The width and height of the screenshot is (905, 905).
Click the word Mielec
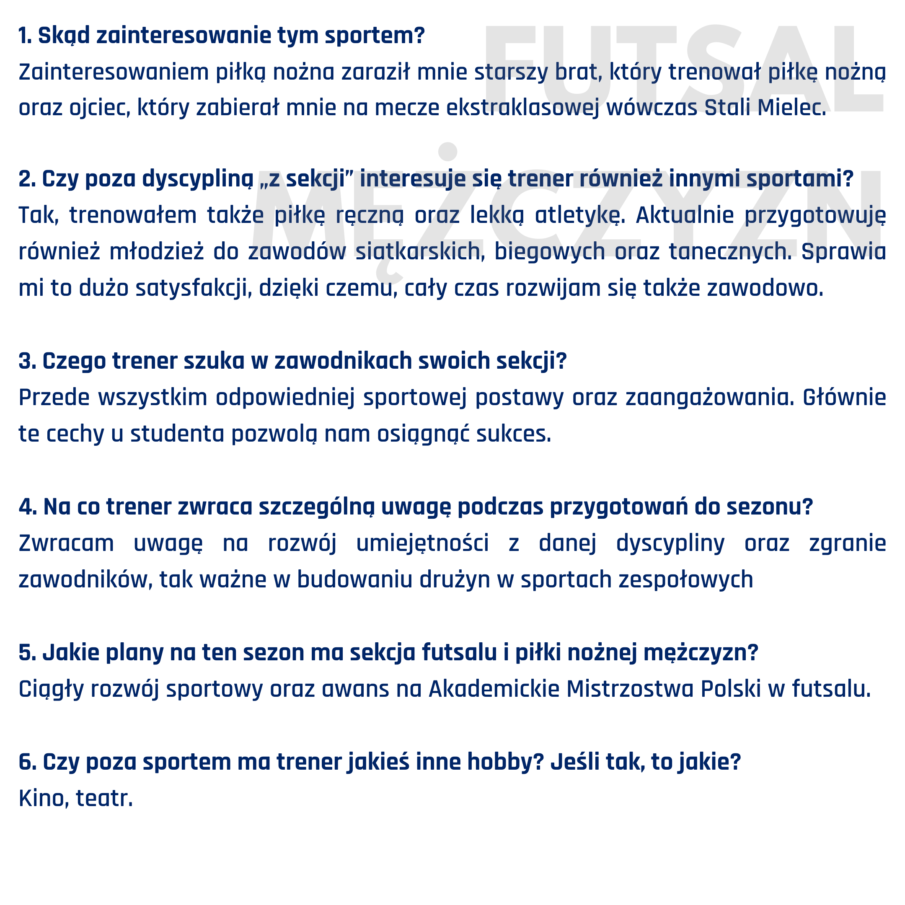(791, 108)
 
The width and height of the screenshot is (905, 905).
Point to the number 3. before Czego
(27, 361)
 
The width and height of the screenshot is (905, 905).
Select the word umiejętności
(422, 543)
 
